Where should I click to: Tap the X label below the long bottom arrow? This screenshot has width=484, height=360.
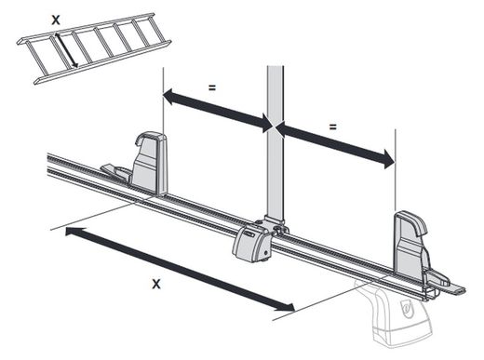click(155, 284)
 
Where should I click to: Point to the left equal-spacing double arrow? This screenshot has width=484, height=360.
click(217, 109)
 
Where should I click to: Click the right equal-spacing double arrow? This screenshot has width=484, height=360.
click(335, 144)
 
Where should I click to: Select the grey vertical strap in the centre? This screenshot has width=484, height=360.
click(276, 140)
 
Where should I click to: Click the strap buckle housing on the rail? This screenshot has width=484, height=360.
click(253, 245)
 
